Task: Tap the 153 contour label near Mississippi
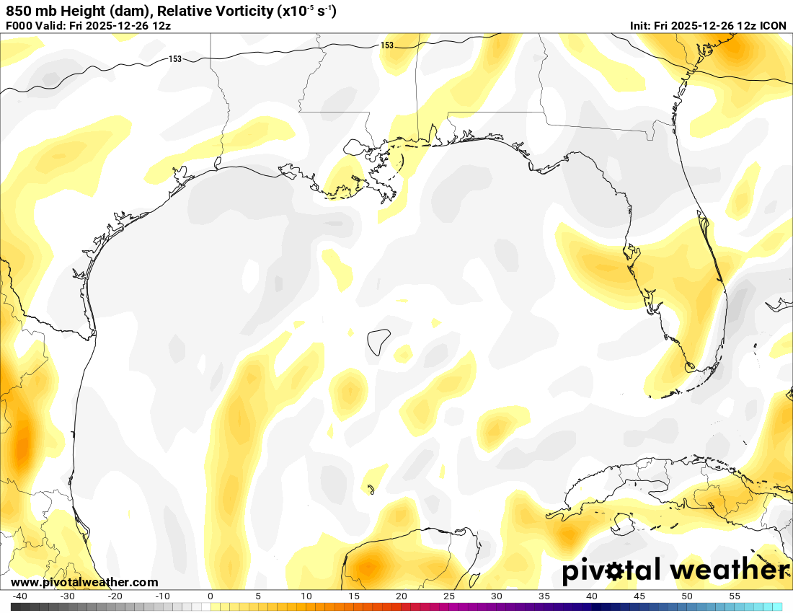click(x=387, y=45)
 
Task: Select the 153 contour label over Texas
click(x=175, y=59)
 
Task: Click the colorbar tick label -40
click(x=20, y=596)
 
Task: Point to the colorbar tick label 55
click(x=735, y=596)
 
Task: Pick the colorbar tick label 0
click(x=210, y=596)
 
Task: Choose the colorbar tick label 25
click(x=449, y=596)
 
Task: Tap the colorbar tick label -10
click(x=162, y=596)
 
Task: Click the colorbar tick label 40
click(x=592, y=596)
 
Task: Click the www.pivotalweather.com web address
click(x=84, y=582)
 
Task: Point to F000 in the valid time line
click(x=19, y=26)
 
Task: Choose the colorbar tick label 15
click(x=353, y=596)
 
